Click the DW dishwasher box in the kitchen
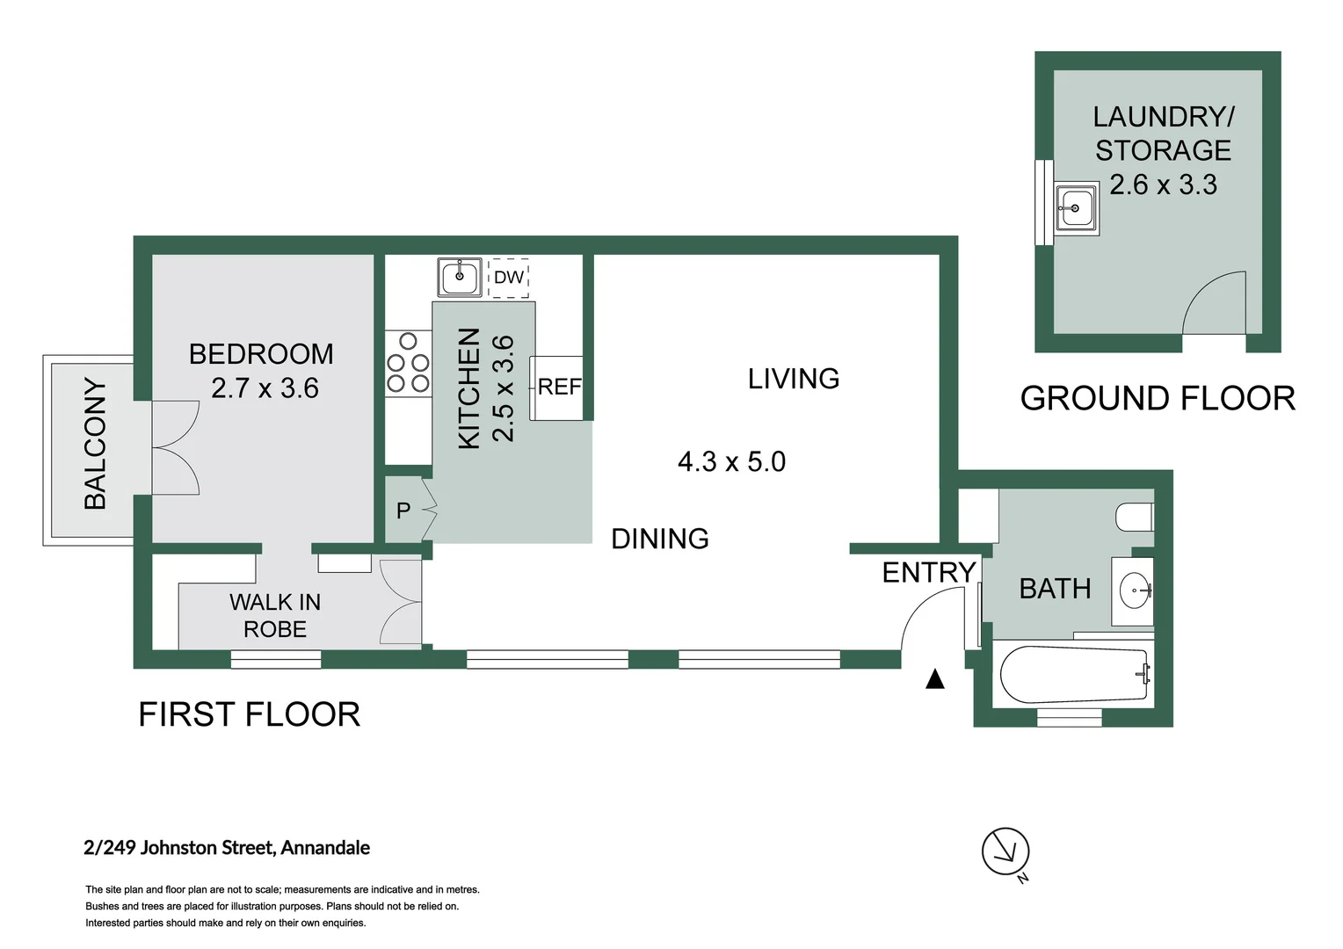coord(508,278)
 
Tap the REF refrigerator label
coord(559,388)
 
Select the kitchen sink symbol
coord(460,277)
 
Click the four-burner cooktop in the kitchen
coord(409,363)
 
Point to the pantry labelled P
coord(403,511)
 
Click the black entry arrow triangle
coord(934,679)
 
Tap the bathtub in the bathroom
coord(1075,675)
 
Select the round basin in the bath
coord(1135,590)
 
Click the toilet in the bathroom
coord(1135,517)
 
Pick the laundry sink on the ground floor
coord(1077,208)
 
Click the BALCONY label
coord(95,444)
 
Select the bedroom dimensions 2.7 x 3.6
coord(265,388)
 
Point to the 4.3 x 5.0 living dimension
coord(731,461)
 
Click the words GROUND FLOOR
coord(1158,399)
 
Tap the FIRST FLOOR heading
coord(250,714)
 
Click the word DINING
coord(660,539)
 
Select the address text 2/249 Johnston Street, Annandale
coord(227,848)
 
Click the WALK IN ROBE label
coord(275,616)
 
